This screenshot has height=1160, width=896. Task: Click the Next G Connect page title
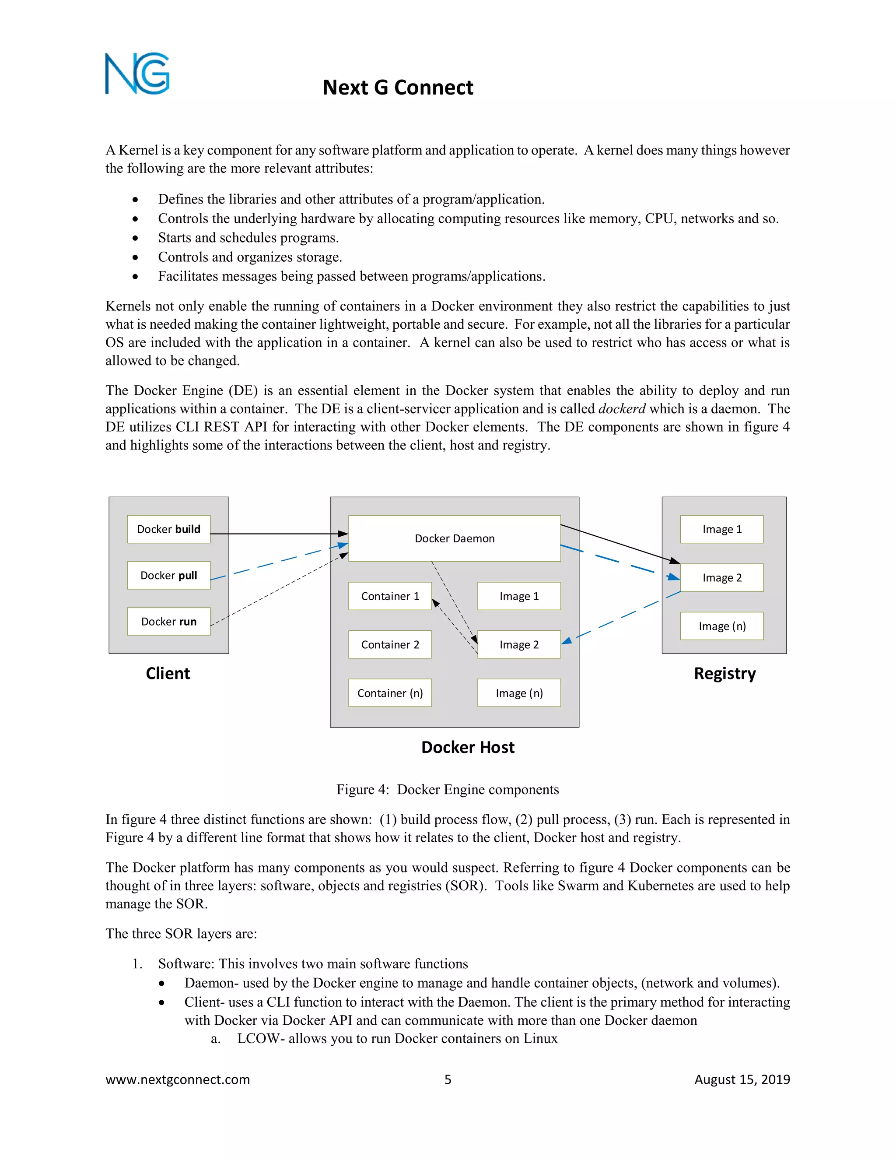(x=398, y=88)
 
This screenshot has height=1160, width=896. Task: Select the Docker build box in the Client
(x=169, y=529)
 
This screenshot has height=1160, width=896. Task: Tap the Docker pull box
(x=169, y=575)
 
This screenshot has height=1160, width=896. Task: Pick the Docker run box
(x=169, y=622)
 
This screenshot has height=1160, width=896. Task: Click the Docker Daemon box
(x=455, y=538)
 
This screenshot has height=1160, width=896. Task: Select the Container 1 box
(x=390, y=596)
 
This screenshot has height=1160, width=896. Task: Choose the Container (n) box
(x=390, y=692)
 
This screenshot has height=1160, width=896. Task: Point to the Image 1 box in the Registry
(x=722, y=529)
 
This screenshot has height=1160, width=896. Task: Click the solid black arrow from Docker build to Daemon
(x=279, y=534)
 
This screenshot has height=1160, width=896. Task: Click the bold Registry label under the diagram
(x=724, y=674)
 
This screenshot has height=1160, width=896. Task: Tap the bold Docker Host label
(x=468, y=747)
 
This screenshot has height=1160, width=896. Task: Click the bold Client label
(x=168, y=674)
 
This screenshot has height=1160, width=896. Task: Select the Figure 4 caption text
(x=448, y=789)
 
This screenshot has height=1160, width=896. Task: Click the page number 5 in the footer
(x=448, y=1079)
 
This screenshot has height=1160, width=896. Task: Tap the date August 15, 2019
(x=742, y=1079)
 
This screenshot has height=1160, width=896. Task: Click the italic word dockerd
(x=622, y=409)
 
